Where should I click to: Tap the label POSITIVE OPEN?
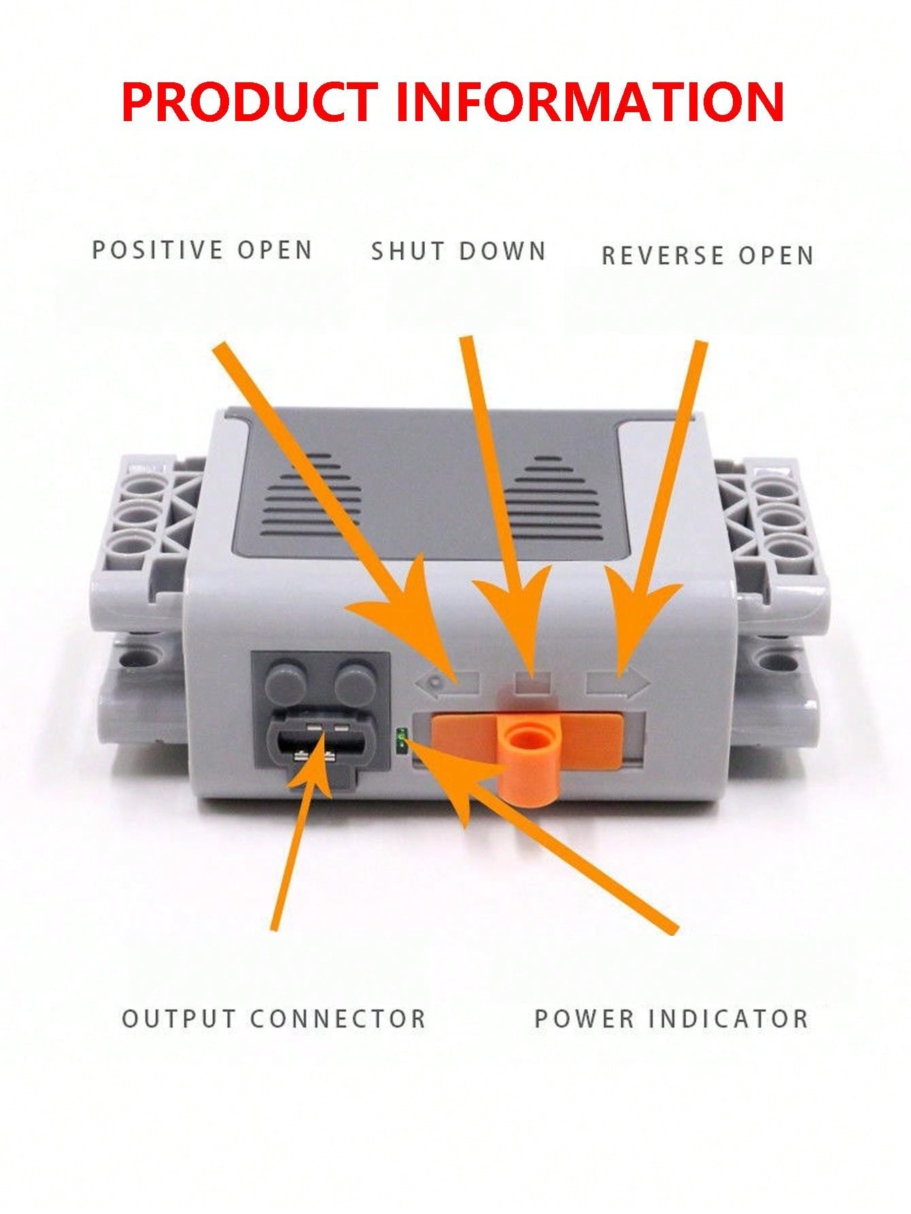[202, 250]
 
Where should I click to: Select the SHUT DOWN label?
[459, 251]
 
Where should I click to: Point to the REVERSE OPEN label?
[708, 255]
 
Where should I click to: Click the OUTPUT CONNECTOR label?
[274, 1018]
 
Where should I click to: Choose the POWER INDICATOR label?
[672, 1018]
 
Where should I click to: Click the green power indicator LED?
[402, 739]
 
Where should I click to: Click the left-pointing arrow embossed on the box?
[449, 681]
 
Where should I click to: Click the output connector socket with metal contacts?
[313, 745]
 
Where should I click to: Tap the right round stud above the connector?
[356, 679]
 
